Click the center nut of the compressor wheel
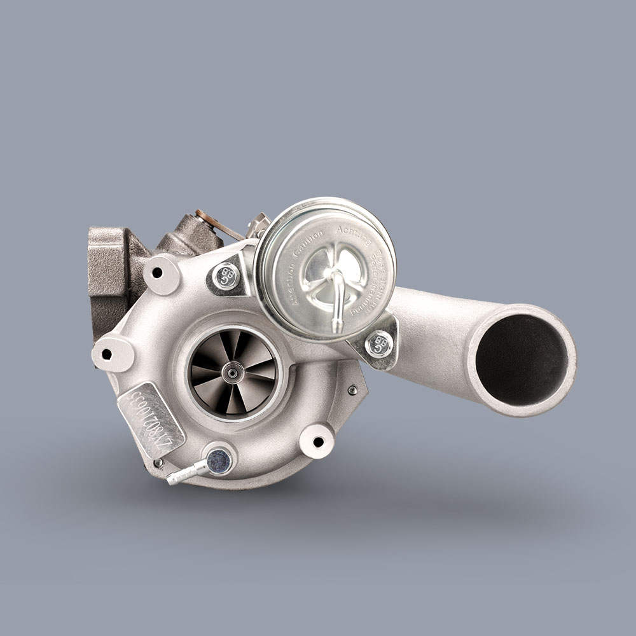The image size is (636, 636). point(233,371)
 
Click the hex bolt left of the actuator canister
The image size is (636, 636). point(226,276)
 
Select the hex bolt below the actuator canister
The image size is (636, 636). point(379,344)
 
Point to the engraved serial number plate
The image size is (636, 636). point(151,420)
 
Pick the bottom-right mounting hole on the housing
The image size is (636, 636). point(318,441)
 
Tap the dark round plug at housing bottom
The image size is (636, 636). point(219,460)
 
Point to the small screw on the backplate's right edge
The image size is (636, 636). point(352,390)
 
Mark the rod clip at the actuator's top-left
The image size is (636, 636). point(259,225)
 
